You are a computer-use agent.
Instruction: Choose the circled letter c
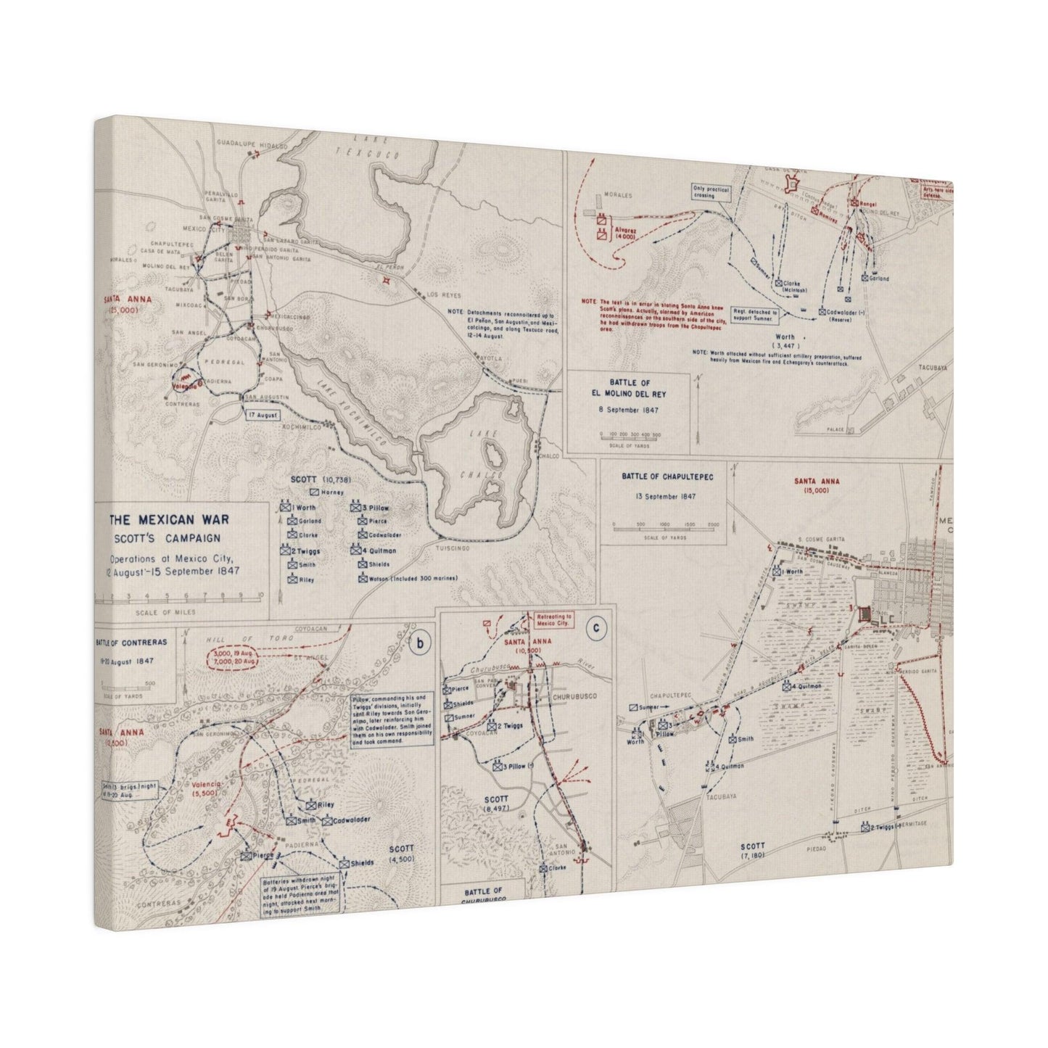tap(595, 630)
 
